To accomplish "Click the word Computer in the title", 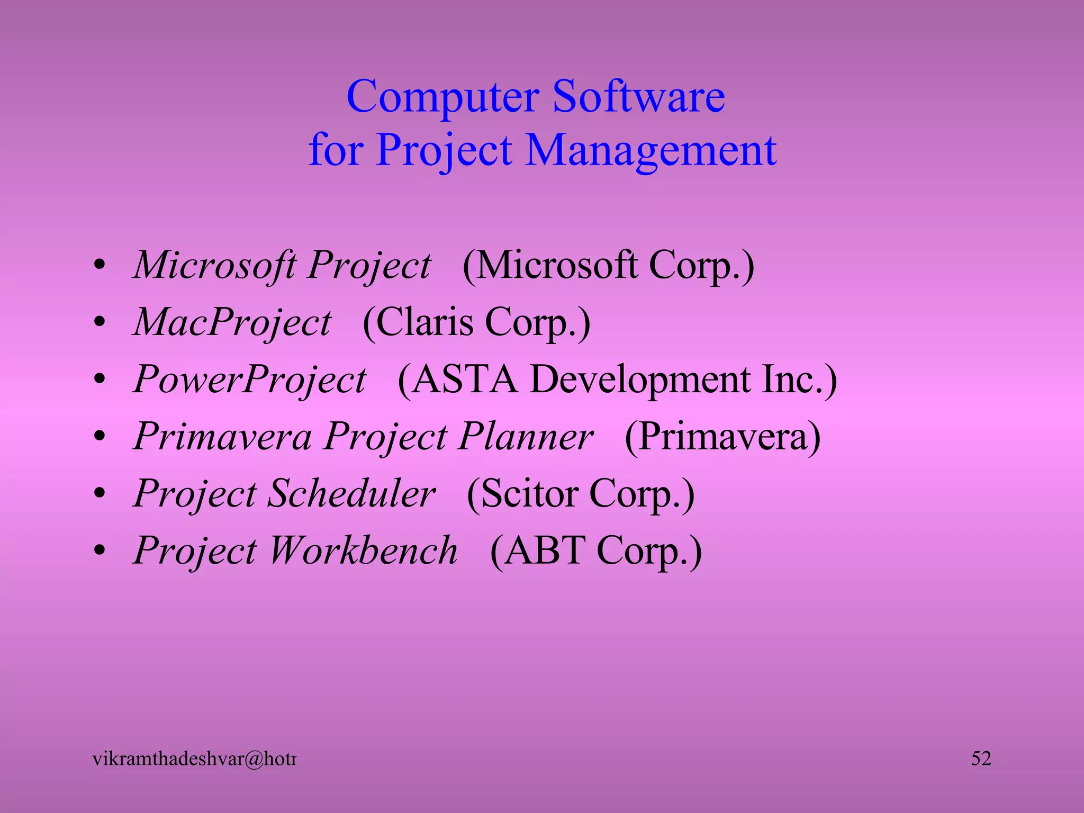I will (442, 97).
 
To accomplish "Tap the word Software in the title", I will (638, 97).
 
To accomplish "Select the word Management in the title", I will (651, 150).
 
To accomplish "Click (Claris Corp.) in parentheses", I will (476, 322).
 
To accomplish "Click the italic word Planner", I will (526, 437).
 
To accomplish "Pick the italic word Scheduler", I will (351, 494).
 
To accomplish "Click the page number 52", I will (981, 758).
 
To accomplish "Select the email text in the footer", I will (194, 759).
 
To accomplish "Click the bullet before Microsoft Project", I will (100, 266).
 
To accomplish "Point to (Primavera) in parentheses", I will (722, 437).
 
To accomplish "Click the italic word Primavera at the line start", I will (222, 437).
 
